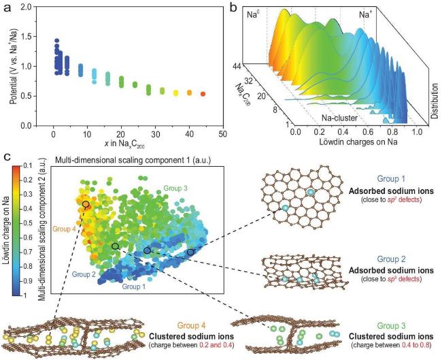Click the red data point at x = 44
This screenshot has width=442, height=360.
202,93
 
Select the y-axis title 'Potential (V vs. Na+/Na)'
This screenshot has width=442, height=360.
16,65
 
